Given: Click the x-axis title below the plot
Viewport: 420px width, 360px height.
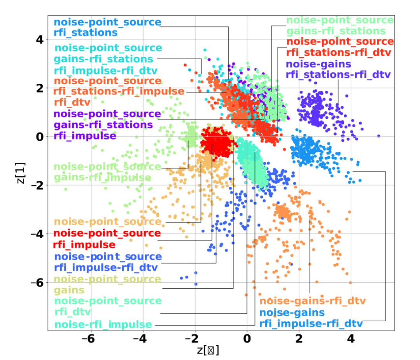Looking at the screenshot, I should tap(208, 350).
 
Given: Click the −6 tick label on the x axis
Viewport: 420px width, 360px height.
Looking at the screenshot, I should tap(90, 337).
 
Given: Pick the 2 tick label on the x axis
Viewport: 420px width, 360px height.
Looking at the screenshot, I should tap(299, 337).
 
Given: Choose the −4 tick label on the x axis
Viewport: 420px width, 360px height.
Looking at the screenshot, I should tap(142, 337).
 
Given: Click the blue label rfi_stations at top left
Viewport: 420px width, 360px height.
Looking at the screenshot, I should tap(86, 32).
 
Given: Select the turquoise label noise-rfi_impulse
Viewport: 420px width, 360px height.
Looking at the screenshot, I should tap(103, 325).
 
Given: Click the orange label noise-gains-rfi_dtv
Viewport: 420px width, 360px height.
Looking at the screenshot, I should tap(313, 301).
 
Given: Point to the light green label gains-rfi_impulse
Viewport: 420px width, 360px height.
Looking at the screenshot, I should tap(102, 177).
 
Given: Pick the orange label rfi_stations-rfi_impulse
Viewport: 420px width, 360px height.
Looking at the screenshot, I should tap(119, 91).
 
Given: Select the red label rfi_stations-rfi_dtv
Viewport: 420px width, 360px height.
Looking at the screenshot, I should tap(338, 53).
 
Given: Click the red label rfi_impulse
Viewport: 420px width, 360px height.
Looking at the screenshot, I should tap(84, 245).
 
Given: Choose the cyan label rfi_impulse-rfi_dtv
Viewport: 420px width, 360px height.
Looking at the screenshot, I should tap(106, 70).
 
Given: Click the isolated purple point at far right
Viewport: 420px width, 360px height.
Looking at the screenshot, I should tap(379, 136).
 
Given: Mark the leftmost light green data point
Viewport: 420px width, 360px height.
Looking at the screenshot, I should tap(66, 189).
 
